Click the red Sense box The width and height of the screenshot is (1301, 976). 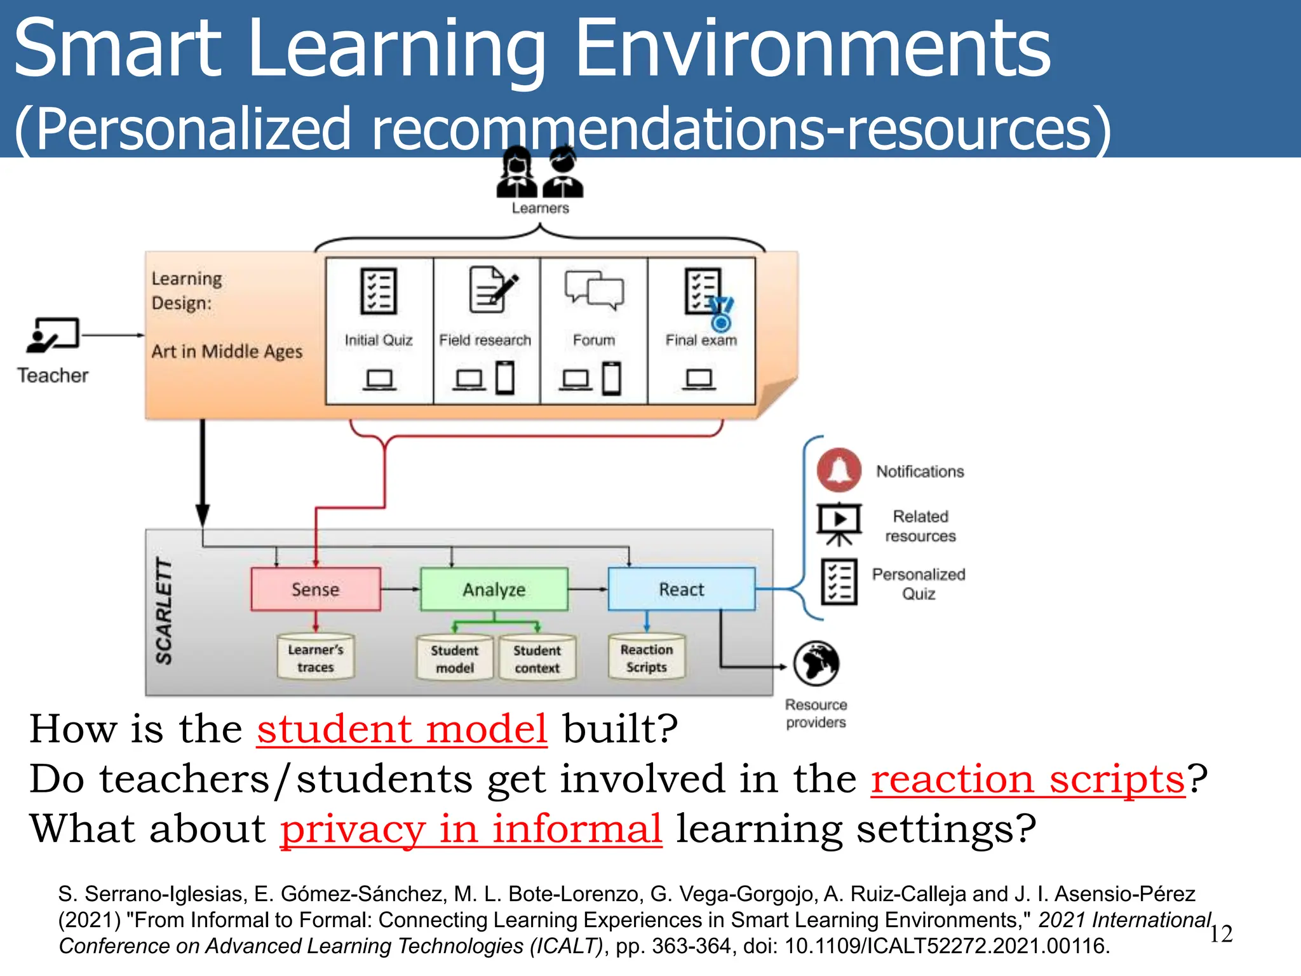pos(316,589)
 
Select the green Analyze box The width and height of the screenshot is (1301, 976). pos(494,589)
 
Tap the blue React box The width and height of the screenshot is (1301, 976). pos(682,589)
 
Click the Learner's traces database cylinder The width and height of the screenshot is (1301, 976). pos(316,658)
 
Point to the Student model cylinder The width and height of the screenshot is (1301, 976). pos(455,658)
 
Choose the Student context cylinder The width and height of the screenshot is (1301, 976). pos(537,658)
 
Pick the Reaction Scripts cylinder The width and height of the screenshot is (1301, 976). pos(647,658)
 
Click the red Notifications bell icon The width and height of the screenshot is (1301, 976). pos(839,470)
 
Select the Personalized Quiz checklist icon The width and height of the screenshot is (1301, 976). pos(839,581)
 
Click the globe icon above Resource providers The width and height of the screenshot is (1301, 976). pos(816,663)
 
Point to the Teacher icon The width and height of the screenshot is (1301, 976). pos(53,335)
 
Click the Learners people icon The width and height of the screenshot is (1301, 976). pos(540,172)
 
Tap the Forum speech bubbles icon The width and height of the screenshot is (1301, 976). pos(594,290)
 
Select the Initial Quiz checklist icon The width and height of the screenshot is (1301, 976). pos(379,291)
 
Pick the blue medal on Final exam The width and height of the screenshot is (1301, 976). pos(721,316)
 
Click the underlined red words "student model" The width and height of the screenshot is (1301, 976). pos(402,728)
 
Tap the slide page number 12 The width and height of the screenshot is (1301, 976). pos(1221,933)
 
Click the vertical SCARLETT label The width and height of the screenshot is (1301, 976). pos(165,611)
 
